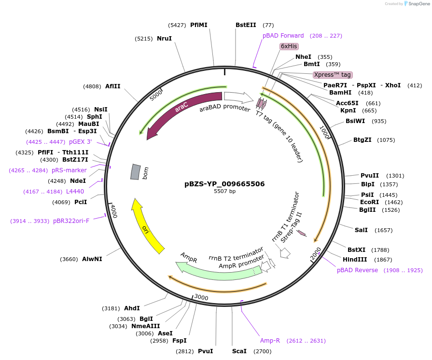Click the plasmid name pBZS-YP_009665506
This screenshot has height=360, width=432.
coord(224,184)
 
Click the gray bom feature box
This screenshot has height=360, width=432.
coord(136,172)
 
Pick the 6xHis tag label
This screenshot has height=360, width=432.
coord(289,46)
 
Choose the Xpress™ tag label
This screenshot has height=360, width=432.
coord(332,75)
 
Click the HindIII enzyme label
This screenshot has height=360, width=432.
coord(355,259)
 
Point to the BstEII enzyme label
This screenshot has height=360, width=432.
coord(246,25)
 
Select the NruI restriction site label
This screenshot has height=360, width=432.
coord(164,39)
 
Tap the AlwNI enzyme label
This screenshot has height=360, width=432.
coord(92,259)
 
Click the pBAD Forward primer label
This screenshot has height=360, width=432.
coord(283,36)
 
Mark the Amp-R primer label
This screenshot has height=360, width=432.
coord(270,341)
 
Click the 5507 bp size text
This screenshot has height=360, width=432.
coord(224,192)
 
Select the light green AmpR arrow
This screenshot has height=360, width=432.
coord(217,268)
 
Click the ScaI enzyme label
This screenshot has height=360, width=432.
coord(239,351)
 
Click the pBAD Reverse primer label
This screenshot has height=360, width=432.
coord(357,270)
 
